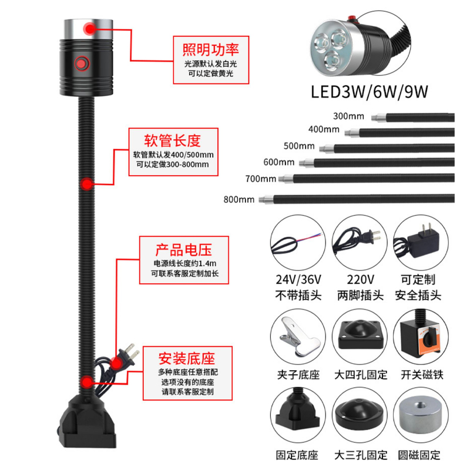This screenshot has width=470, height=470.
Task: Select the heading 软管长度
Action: pos(173,140)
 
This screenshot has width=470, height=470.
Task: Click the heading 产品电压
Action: pos(182,247)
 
